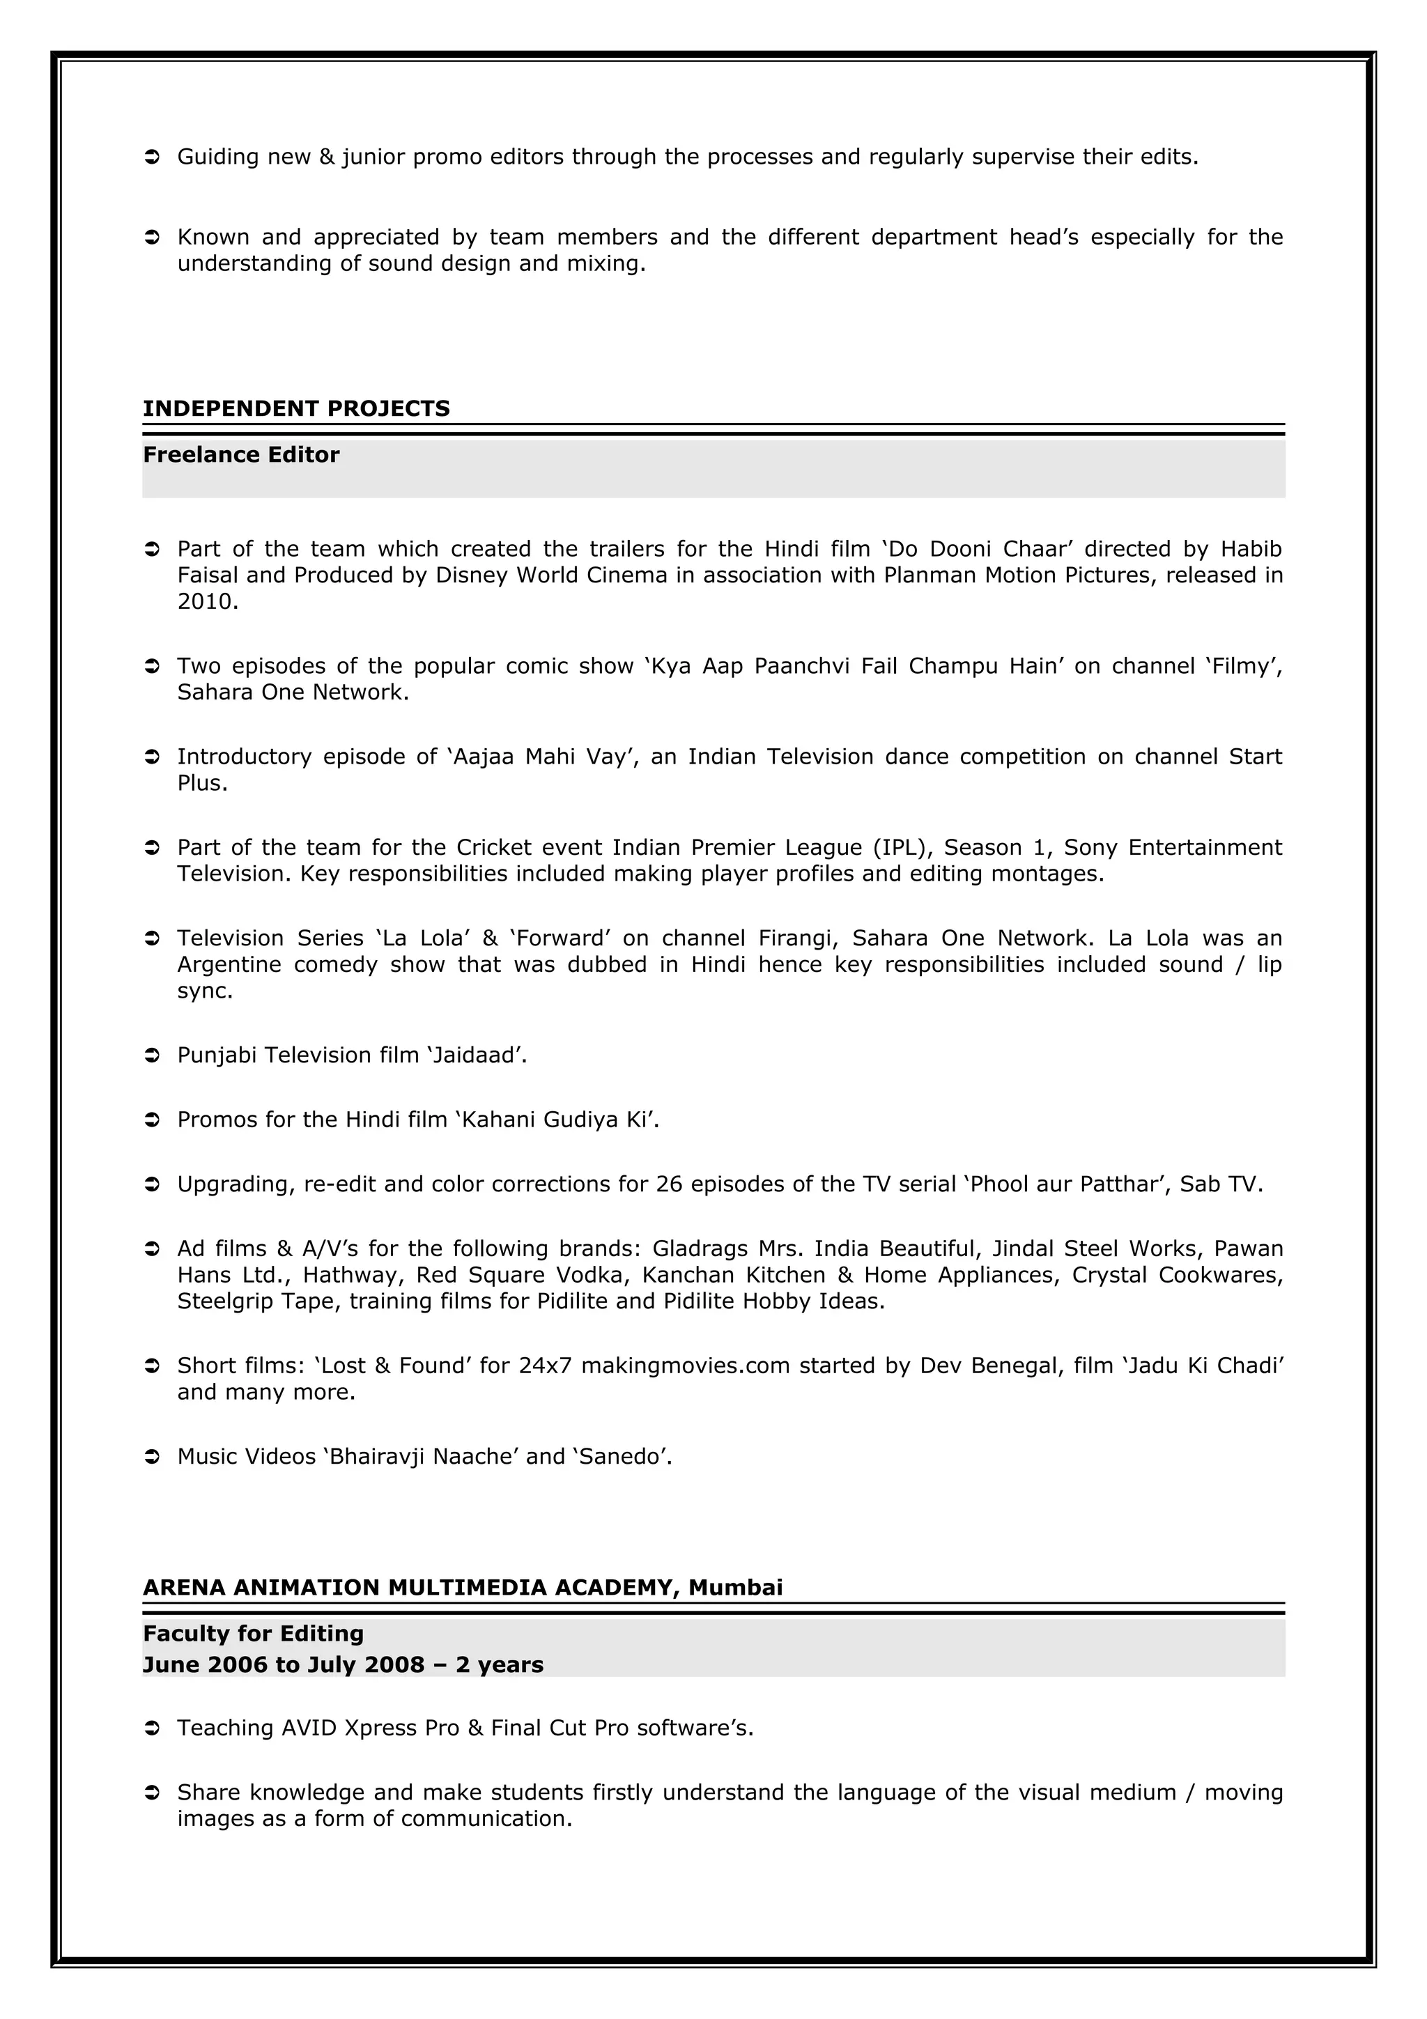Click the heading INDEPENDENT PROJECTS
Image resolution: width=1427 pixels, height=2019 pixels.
pos(296,409)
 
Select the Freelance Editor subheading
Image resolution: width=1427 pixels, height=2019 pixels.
pos(241,455)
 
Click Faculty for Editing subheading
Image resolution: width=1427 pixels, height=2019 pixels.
pos(253,1633)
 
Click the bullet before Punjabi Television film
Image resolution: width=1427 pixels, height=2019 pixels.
pos(151,1055)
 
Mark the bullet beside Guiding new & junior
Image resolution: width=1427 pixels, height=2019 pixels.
pos(151,157)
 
